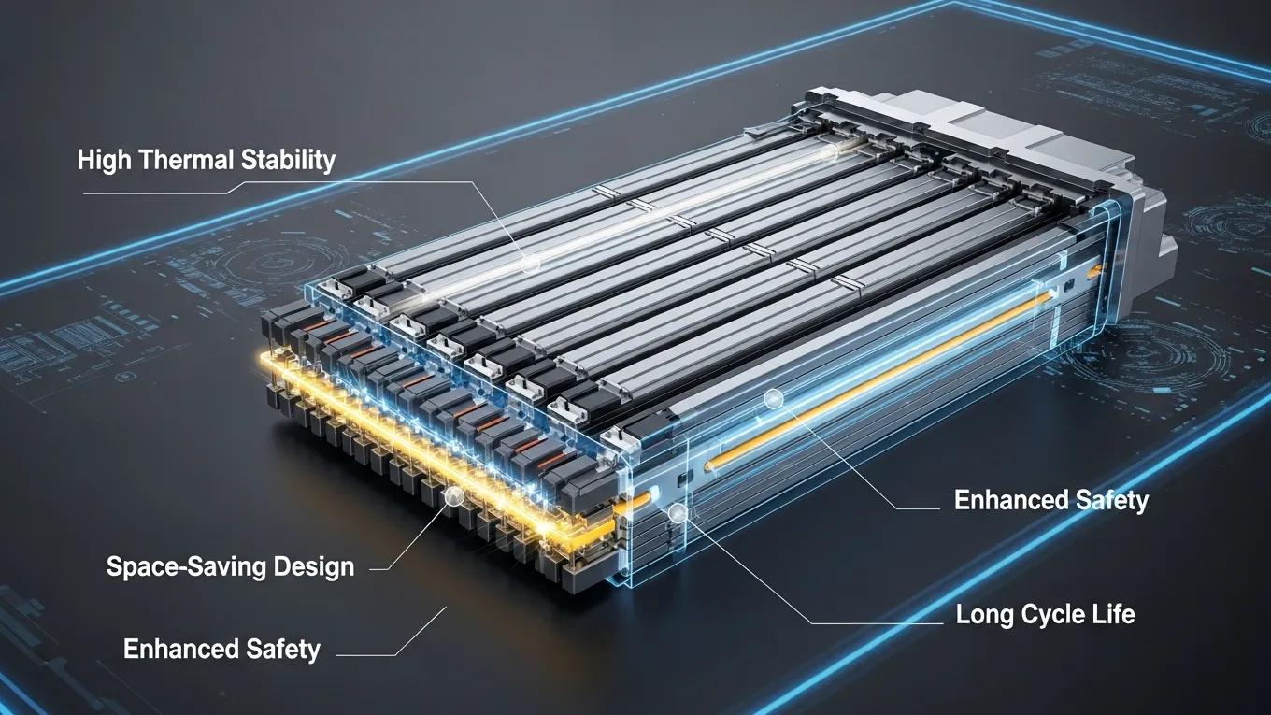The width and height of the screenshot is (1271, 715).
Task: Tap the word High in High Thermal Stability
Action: point(105,160)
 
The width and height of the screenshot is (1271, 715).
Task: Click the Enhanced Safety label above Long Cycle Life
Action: point(1050,500)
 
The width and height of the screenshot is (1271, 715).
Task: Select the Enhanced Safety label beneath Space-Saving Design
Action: point(221,649)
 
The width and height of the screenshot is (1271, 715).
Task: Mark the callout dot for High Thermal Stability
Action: point(530,264)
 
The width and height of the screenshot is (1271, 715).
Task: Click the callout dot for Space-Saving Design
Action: point(454,496)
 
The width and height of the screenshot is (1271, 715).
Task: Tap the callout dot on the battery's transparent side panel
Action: point(772,399)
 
